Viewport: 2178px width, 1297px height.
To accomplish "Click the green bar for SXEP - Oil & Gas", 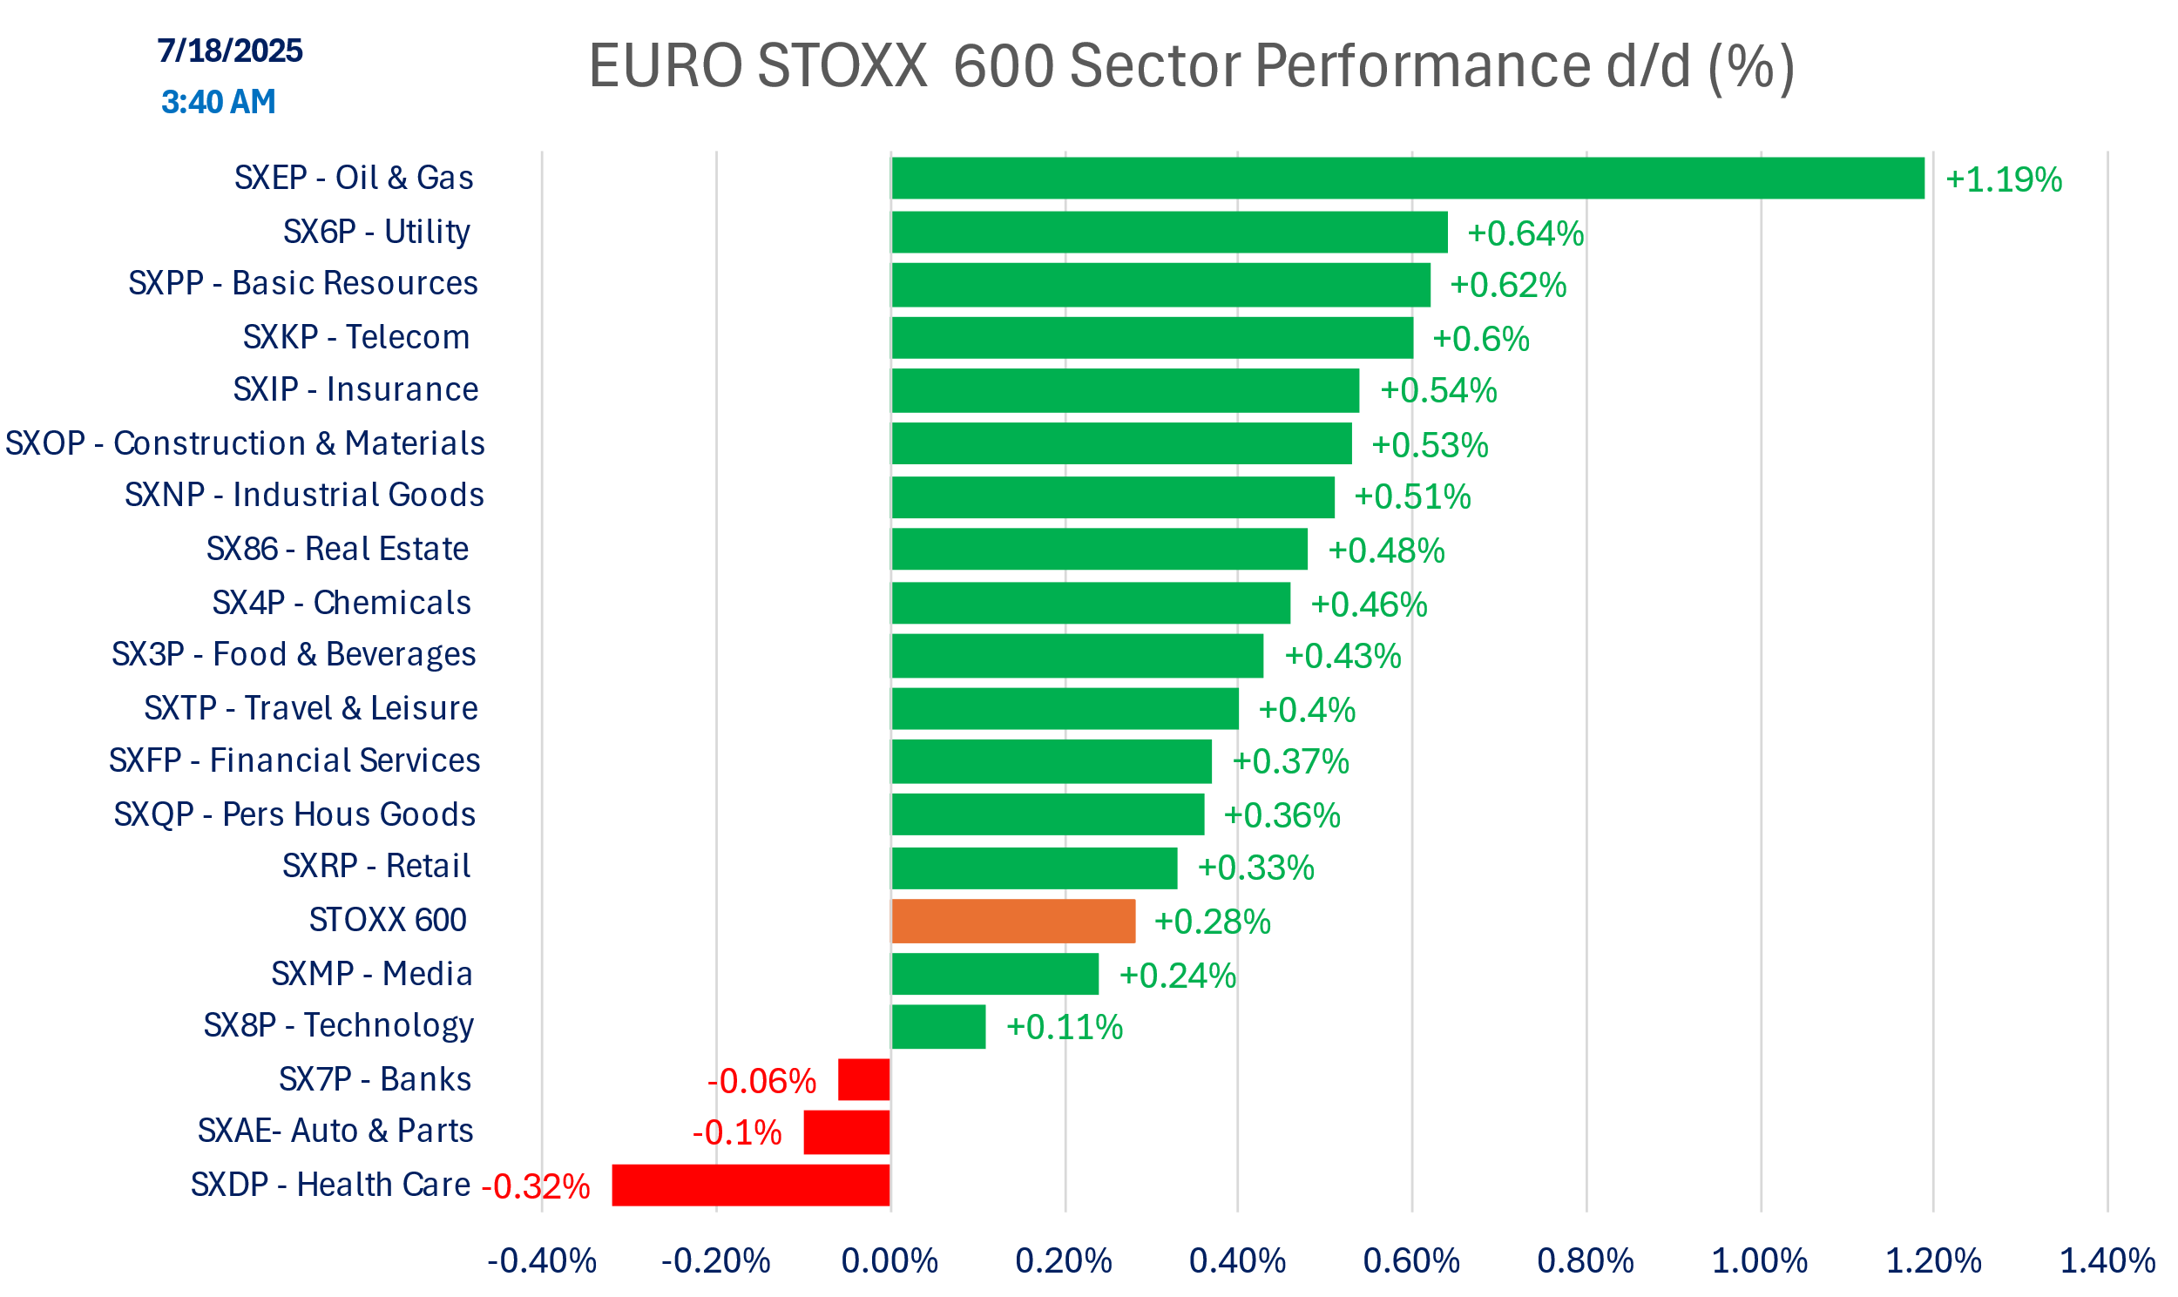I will click(x=1407, y=179).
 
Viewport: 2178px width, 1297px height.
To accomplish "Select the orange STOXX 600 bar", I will click(x=1013, y=922).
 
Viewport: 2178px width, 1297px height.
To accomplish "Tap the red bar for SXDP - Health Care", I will click(x=751, y=1186).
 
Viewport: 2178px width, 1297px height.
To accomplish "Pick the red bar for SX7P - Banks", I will click(x=863, y=1079).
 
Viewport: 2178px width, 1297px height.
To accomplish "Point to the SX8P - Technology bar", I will click(x=937, y=1026).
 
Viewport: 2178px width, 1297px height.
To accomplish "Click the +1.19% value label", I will click(x=2003, y=180).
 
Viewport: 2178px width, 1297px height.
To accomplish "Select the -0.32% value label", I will click(x=536, y=1187).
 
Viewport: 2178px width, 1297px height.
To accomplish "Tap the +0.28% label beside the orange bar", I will click(x=1212, y=922).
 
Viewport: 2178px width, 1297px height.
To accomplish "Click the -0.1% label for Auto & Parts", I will click(x=737, y=1132).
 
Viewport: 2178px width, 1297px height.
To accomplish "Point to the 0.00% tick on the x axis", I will click(x=889, y=1261).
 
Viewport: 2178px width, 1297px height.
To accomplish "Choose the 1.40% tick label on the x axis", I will click(x=2107, y=1261).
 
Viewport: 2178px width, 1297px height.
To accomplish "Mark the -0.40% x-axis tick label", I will click(x=542, y=1261).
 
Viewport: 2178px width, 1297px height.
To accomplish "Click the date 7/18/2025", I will click(x=230, y=51).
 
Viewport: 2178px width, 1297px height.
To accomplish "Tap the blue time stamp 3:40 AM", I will click(x=219, y=102).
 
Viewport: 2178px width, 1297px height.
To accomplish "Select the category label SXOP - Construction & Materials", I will click(x=245, y=443).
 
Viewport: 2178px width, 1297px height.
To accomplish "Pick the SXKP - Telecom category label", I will click(x=356, y=337).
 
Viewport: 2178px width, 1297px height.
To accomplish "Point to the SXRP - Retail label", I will click(x=376, y=865).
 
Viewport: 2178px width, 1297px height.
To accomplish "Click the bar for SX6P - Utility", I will click(x=1168, y=233).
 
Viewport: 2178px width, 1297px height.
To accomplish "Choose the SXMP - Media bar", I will click(x=995, y=974).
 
